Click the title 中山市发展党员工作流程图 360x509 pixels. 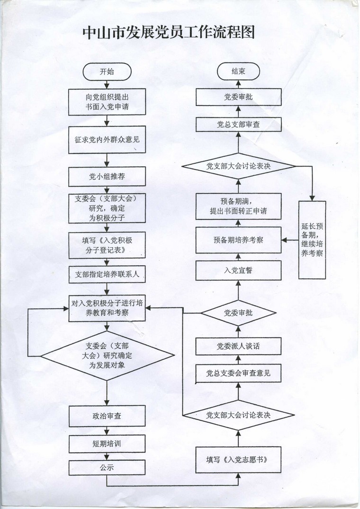click(x=169, y=33)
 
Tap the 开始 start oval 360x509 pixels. click(x=107, y=72)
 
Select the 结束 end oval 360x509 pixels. click(x=238, y=71)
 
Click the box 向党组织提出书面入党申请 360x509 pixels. click(x=107, y=102)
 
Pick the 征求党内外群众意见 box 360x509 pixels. click(x=107, y=140)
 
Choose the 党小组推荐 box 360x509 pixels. click(x=107, y=177)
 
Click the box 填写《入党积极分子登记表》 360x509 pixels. click(x=107, y=245)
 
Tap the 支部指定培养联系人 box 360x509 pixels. click(x=107, y=274)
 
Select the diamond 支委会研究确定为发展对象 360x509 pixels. click(x=107, y=356)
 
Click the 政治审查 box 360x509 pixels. click(x=107, y=416)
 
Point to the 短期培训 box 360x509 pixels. click(x=107, y=444)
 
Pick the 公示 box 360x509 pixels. click(x=107, y=468)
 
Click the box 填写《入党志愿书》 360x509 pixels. click(x=238, y=460)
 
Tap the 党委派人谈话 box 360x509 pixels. click(x=238, y=347)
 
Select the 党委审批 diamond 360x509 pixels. click(x=238, y=313)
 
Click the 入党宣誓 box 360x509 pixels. click(x=238, y=270)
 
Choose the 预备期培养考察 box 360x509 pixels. click(x=238, y=240)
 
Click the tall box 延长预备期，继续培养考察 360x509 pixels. click(x=312, y=240)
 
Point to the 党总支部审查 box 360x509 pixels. click(x=238, y=125)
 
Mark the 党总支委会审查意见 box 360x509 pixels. click(x=238, y=373)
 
